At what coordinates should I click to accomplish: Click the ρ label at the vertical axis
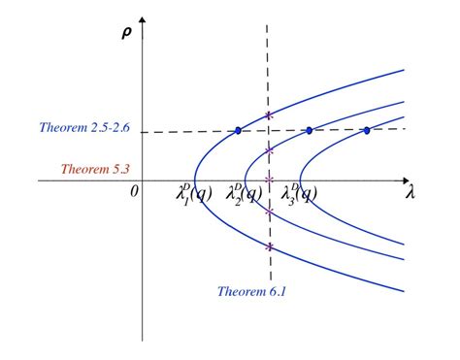[x=126, y=33]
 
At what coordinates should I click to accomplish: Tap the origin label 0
[x=135, y=190]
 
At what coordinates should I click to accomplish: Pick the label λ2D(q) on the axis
[x=245, y=194]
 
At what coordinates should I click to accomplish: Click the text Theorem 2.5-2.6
[x=85, y=127]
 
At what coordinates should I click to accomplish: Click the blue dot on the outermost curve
[x=238, y=130]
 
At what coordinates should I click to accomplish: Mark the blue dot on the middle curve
[x=309, y=130]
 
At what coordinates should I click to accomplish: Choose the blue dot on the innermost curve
[x=367, y=130]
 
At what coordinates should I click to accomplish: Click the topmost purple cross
[x=269, y=116]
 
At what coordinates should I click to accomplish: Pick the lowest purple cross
[x=269, y=246]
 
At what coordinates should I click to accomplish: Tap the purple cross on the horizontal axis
[x=269, y=180]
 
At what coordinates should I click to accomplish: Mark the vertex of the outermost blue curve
[x=195, y=180]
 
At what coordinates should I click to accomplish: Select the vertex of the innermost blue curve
[x=300, y=180]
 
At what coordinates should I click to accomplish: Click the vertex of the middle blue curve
[x=244, y=180]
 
